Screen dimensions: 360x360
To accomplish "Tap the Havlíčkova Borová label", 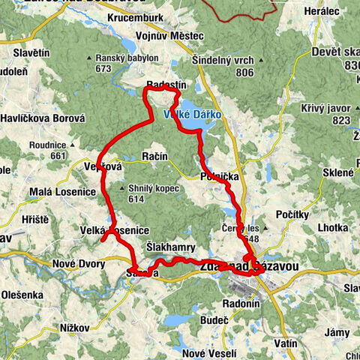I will pos(43,118).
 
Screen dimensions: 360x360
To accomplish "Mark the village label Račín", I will pos(154,156).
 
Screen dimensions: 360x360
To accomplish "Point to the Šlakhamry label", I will pos(171,247).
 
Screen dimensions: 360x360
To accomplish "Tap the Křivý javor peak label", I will pos(335,109).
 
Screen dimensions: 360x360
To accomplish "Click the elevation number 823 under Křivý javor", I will pos(341,120).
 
